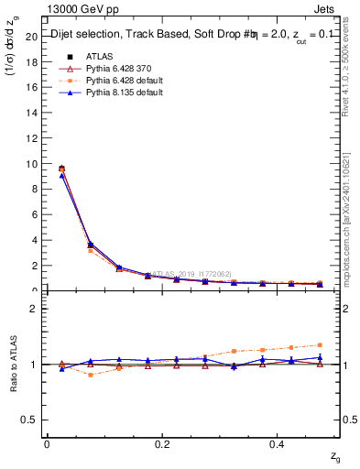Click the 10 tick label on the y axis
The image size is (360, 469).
30,164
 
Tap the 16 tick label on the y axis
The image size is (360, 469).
30,88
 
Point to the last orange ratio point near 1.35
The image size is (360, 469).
320,345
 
